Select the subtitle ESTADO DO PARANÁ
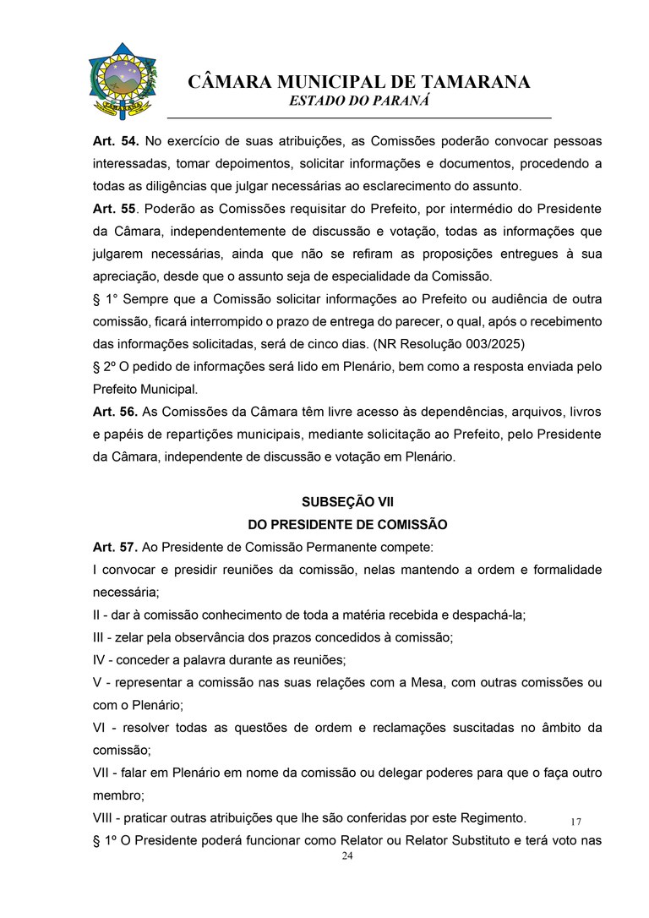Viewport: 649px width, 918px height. tap(359, 101)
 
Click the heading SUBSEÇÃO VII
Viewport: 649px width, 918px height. tap(347, 502)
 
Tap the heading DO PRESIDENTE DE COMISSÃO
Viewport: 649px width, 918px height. tap(347, 525)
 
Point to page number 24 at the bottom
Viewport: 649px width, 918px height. tap(347, 856)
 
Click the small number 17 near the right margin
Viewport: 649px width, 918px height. tap(576, 822)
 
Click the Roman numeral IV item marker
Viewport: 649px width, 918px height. tap(99, 659)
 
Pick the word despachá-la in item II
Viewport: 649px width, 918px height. tap(493, 615)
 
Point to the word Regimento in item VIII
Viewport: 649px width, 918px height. tap(497, 817)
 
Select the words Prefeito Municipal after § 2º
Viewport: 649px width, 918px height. tap(145, 389)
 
